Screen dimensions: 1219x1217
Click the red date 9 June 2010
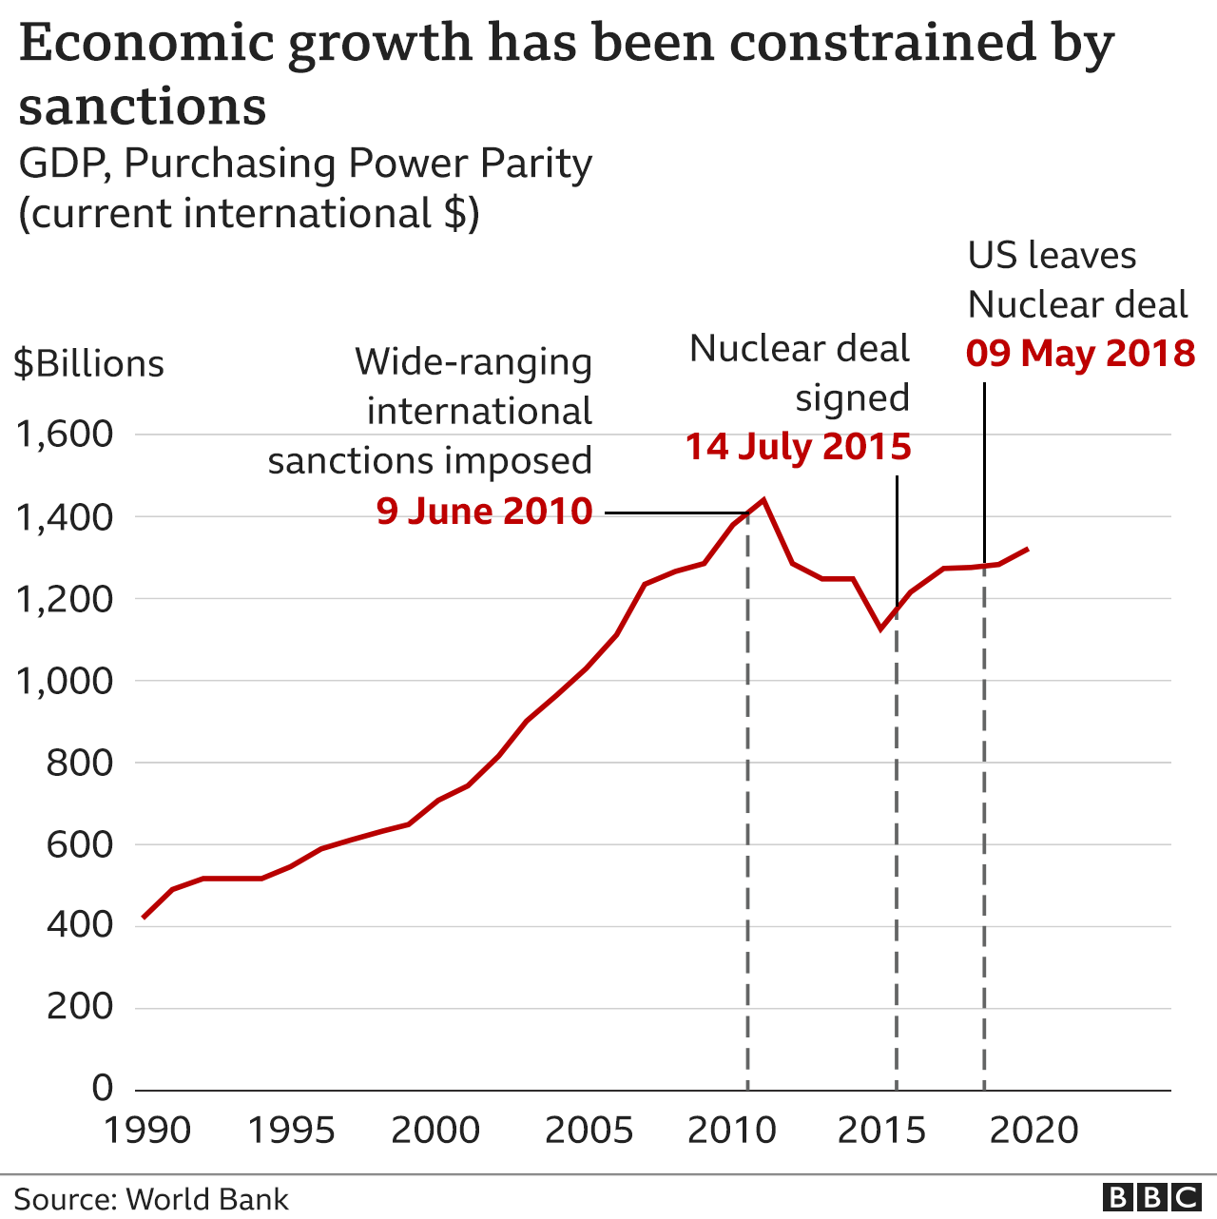(484, 512)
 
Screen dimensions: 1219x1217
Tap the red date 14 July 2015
(798, 447)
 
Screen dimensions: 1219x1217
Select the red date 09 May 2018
(1080, 354)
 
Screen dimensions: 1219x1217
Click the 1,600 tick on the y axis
(65, 435)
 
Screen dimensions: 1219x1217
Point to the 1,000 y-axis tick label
(65, 681)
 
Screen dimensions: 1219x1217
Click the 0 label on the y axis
(102, 1088)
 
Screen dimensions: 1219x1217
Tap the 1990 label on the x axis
(147, 1132)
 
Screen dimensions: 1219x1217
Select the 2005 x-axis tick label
(589, 1132)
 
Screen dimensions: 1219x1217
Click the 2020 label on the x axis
(1033, 1132)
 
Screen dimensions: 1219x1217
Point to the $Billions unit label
(88, 364)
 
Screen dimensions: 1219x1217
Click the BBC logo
(1151, 1198)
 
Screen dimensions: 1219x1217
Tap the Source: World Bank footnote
(151, 1199)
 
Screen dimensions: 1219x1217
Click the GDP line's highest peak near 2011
(763, 499)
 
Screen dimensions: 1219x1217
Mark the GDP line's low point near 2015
(881, 629)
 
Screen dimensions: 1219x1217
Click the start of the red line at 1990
(143, 918)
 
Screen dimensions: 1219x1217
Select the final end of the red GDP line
(1028, 549)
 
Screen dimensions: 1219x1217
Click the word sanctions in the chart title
(143, 106)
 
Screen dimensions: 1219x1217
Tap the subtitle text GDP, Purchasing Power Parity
(305, 164)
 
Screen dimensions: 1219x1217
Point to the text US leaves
(1052, 256)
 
